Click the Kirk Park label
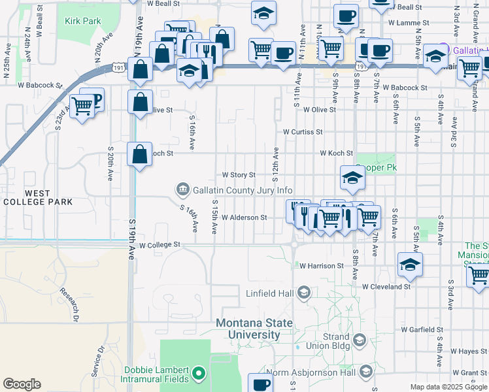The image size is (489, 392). point(83,21)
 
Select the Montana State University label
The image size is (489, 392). point(248,329)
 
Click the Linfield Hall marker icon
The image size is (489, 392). point(303,293)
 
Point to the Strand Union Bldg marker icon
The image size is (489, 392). point(359,340)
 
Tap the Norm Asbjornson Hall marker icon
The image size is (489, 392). point(366,372)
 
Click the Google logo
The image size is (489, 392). point(22,384)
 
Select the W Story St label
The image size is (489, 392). point(239,175)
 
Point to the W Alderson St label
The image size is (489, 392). point(244,218)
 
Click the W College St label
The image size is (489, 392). point(159,245)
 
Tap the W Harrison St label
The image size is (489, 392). point(321,266)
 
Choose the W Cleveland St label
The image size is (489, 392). point(386,286)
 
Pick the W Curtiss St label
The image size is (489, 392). point(303,131)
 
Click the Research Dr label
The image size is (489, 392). point(69,304)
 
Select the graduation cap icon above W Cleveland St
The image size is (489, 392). point(410,263)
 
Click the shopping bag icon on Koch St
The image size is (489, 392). point(139,154)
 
